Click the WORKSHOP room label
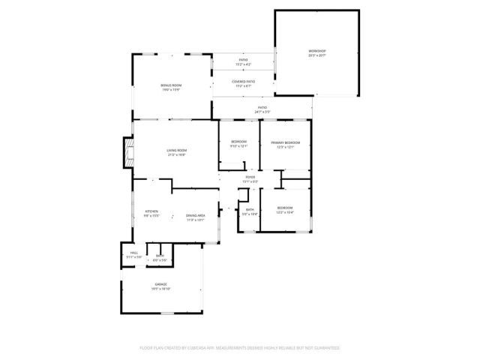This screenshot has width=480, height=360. [317, 51]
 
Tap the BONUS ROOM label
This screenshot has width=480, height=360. [171, 85]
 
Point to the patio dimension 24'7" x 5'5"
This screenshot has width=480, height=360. [262, 112]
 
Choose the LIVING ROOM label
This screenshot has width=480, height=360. [176, 150]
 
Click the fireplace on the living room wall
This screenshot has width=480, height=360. [128, 154]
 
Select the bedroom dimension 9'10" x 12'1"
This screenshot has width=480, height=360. [238, 146]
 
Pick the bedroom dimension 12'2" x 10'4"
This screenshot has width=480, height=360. [284, 212]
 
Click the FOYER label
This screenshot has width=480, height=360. [250, 177]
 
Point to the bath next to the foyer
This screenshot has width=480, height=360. [250, 212]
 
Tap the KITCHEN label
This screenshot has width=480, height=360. [151, 211]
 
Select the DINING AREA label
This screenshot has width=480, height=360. [195, 216]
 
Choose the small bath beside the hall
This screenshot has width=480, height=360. [159, 257]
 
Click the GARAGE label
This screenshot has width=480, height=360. [160, 284]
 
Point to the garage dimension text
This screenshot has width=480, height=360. [160, 288]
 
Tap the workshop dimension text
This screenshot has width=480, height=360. [317, 55]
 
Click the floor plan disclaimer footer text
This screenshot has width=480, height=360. [239, 348]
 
